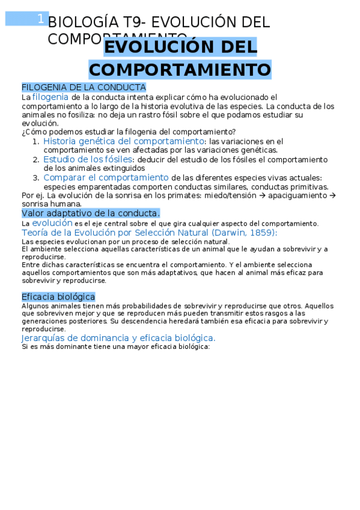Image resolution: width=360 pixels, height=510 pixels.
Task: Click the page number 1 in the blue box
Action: click(40, 19)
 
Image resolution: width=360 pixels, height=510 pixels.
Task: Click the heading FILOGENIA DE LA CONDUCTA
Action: click(84, 87)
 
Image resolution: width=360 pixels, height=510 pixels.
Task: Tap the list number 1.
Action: click(35, 141)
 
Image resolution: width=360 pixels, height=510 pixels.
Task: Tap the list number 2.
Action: click(35, 160)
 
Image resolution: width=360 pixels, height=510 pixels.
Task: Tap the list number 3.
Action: click(35, 178)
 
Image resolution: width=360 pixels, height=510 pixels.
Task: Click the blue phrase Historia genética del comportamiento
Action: click(123, 141)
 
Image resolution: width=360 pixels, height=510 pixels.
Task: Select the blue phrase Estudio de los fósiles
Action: click(87, 159)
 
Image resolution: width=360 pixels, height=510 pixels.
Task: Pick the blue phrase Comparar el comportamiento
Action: click(106, 177)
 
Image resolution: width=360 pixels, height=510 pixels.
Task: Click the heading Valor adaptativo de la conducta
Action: click(91, 213)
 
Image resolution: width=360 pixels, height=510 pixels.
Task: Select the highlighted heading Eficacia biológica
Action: click(58, 296)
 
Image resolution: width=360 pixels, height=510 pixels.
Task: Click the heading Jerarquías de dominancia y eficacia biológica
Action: click(118, 338)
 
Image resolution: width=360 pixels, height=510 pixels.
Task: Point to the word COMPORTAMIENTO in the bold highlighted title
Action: click(180, 69)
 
